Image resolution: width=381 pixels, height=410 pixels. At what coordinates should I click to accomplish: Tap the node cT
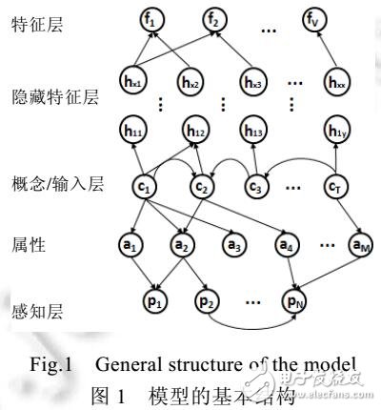pyautogui.click(x=339, y=184)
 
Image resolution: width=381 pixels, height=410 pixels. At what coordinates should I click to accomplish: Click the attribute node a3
pyautogui.click(x=231, y=244)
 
